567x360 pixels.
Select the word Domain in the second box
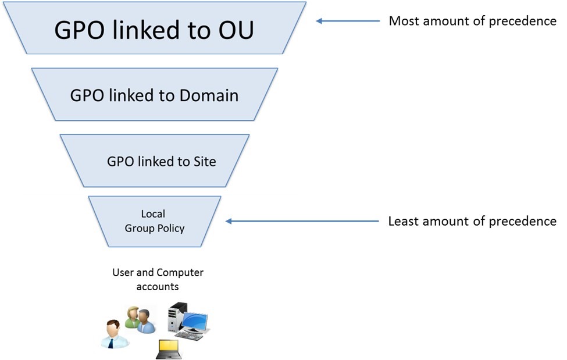[209, 95]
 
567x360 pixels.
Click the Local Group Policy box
[155, 222]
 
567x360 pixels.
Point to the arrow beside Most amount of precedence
[346, 21]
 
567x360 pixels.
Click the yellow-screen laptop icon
[169, 350]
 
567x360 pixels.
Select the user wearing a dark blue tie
[112, 334]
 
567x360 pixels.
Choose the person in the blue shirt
[146, 321]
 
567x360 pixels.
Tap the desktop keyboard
[189, 336]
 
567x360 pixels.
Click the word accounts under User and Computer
[157, 287]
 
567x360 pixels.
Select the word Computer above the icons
[180, 272]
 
